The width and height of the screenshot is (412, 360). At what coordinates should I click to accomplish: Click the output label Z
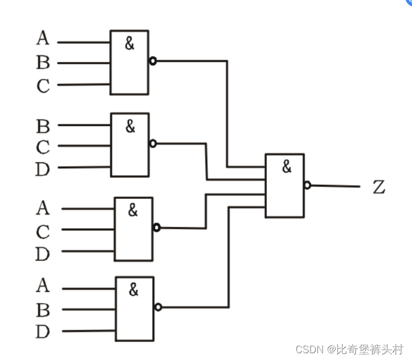click(x=379, y=187)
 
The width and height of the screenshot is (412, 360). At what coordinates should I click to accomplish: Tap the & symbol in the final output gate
click(x=287, y=167)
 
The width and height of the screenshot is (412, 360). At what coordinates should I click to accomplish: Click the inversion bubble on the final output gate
click(x=307, y=185)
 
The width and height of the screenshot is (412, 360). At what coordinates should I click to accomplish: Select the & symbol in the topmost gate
click(x=130, y=44)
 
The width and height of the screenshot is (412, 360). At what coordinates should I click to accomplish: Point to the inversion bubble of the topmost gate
click(x=152, y=61)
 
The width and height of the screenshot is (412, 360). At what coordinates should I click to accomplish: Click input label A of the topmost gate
click(x=43, y=38)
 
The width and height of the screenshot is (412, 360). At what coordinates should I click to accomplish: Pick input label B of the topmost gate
click(x=43, y=63)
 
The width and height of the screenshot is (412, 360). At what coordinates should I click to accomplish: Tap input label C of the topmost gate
click(x=43, y=86)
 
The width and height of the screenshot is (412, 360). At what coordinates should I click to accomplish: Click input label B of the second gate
click(x=43, y=126)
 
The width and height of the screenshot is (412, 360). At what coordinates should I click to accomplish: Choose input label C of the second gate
click(x=43, y=148)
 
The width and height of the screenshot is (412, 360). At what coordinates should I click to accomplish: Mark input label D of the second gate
click(x=43, y=169)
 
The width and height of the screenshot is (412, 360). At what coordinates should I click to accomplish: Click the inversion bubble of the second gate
click(x=153, y=143)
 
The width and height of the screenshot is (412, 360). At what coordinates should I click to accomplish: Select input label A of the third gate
click(x=43, y=208)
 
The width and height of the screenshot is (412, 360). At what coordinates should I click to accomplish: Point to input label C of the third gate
click(x=43, y=232)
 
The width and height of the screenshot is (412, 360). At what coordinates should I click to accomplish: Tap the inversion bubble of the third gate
click(x=156, y=227)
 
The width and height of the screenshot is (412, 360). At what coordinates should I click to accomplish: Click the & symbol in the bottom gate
click(x=133, y=290)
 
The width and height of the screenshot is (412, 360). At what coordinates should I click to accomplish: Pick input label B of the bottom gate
click(x=43, y=310)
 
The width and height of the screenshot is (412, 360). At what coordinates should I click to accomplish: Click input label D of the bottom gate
click(x=43, y=332)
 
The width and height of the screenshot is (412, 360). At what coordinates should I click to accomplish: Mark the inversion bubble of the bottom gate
click(x=158, y=307)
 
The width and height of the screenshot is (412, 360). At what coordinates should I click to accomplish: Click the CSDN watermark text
click(x=350, y=350)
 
